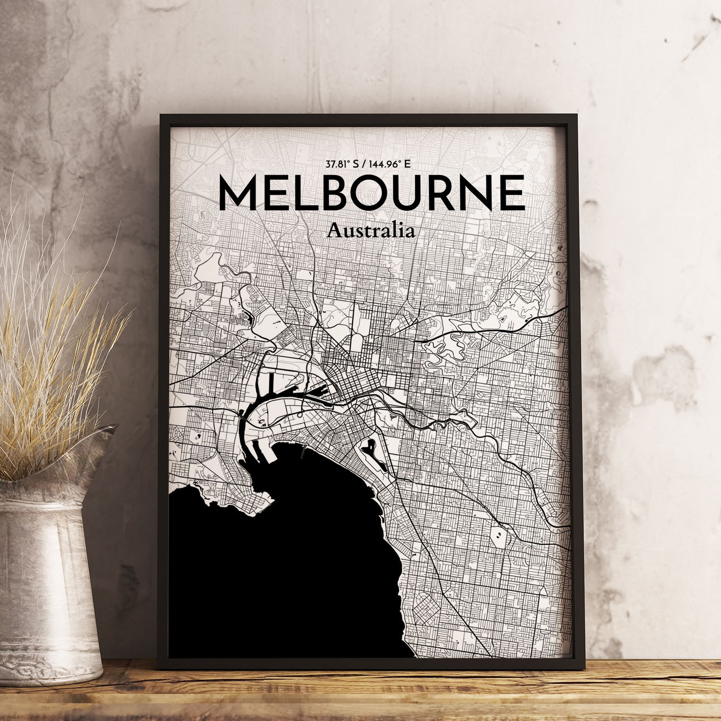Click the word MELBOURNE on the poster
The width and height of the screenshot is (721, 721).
(371, 193)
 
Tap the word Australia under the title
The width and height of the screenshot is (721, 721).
(371, 230)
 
